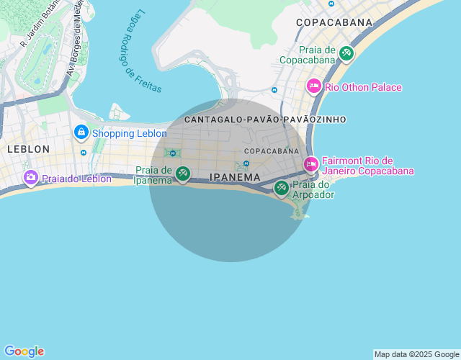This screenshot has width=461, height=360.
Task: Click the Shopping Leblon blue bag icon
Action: coord(81,132)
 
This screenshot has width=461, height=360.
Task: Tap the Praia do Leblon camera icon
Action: coord(30,177)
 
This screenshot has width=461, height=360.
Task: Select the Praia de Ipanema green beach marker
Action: coord(183,173)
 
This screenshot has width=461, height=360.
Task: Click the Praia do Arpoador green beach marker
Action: coord(281,188)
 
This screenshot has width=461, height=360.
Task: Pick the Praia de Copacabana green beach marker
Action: coord(346,53)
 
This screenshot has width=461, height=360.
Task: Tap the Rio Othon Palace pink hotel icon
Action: coord(313,86)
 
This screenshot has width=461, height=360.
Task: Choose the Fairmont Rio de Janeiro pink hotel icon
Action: coord(310,164)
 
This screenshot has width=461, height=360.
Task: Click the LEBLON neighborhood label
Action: coord(29,149)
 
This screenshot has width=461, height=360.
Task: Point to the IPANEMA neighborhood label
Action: coord(235,177)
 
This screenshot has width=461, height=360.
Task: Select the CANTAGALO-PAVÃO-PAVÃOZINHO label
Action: coord(265,120)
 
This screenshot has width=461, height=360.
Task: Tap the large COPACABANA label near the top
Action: coord(334,22)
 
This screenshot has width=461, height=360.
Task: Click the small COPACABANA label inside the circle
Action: coord(271,151)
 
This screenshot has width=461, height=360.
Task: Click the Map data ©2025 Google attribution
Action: coord(416,354)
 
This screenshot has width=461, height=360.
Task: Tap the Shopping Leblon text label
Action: coord(123,133)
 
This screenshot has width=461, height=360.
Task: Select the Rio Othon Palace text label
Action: coord(363,87)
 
